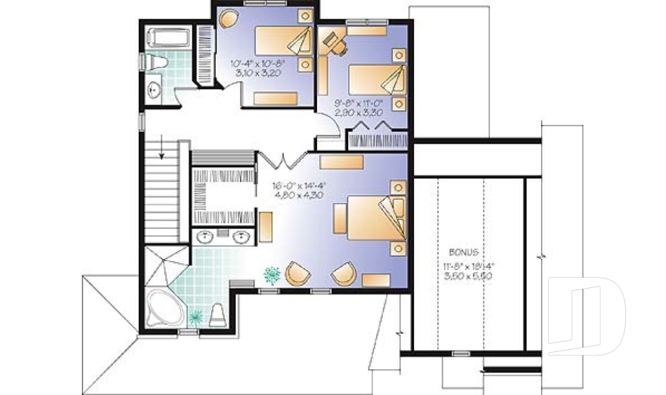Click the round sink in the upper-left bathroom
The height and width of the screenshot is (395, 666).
(154, 89)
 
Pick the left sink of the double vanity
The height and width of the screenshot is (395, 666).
(206, 238)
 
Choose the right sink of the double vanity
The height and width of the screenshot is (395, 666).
(241, 238)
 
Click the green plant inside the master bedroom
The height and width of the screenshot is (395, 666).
(271, 275)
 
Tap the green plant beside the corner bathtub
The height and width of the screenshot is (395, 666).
(195, 317)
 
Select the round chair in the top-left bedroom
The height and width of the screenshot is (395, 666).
(228, 17)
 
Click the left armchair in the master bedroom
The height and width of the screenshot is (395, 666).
(298, 274)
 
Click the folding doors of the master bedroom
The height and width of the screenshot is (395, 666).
(282, 160)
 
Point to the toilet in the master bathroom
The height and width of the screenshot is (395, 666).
(216, 314)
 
